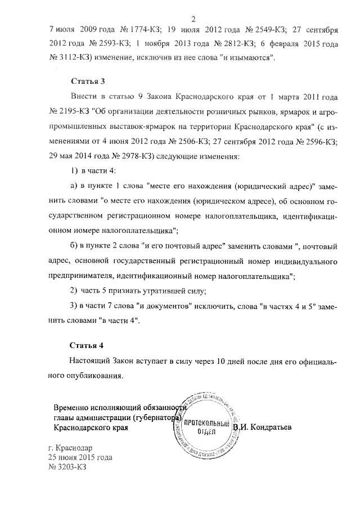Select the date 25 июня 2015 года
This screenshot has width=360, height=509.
pyautogui.click(x=80, y=458)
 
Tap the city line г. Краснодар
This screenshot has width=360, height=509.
pyautogui.click(x=74, y=448)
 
